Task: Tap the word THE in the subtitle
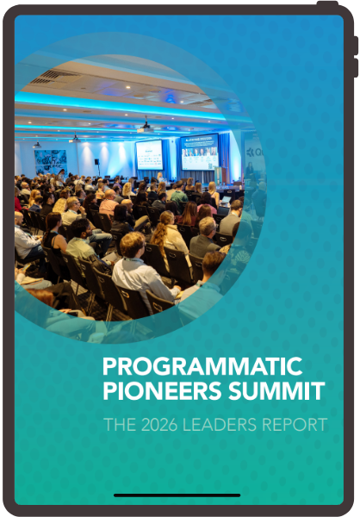[117, 424]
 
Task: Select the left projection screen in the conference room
[149, 154]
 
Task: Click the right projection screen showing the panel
[199, 153]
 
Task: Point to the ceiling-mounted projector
[145, 128]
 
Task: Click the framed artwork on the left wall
[51, 161]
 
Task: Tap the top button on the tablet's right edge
[354, 45]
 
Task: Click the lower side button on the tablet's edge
[354, 67]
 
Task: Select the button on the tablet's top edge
[327, 3]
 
